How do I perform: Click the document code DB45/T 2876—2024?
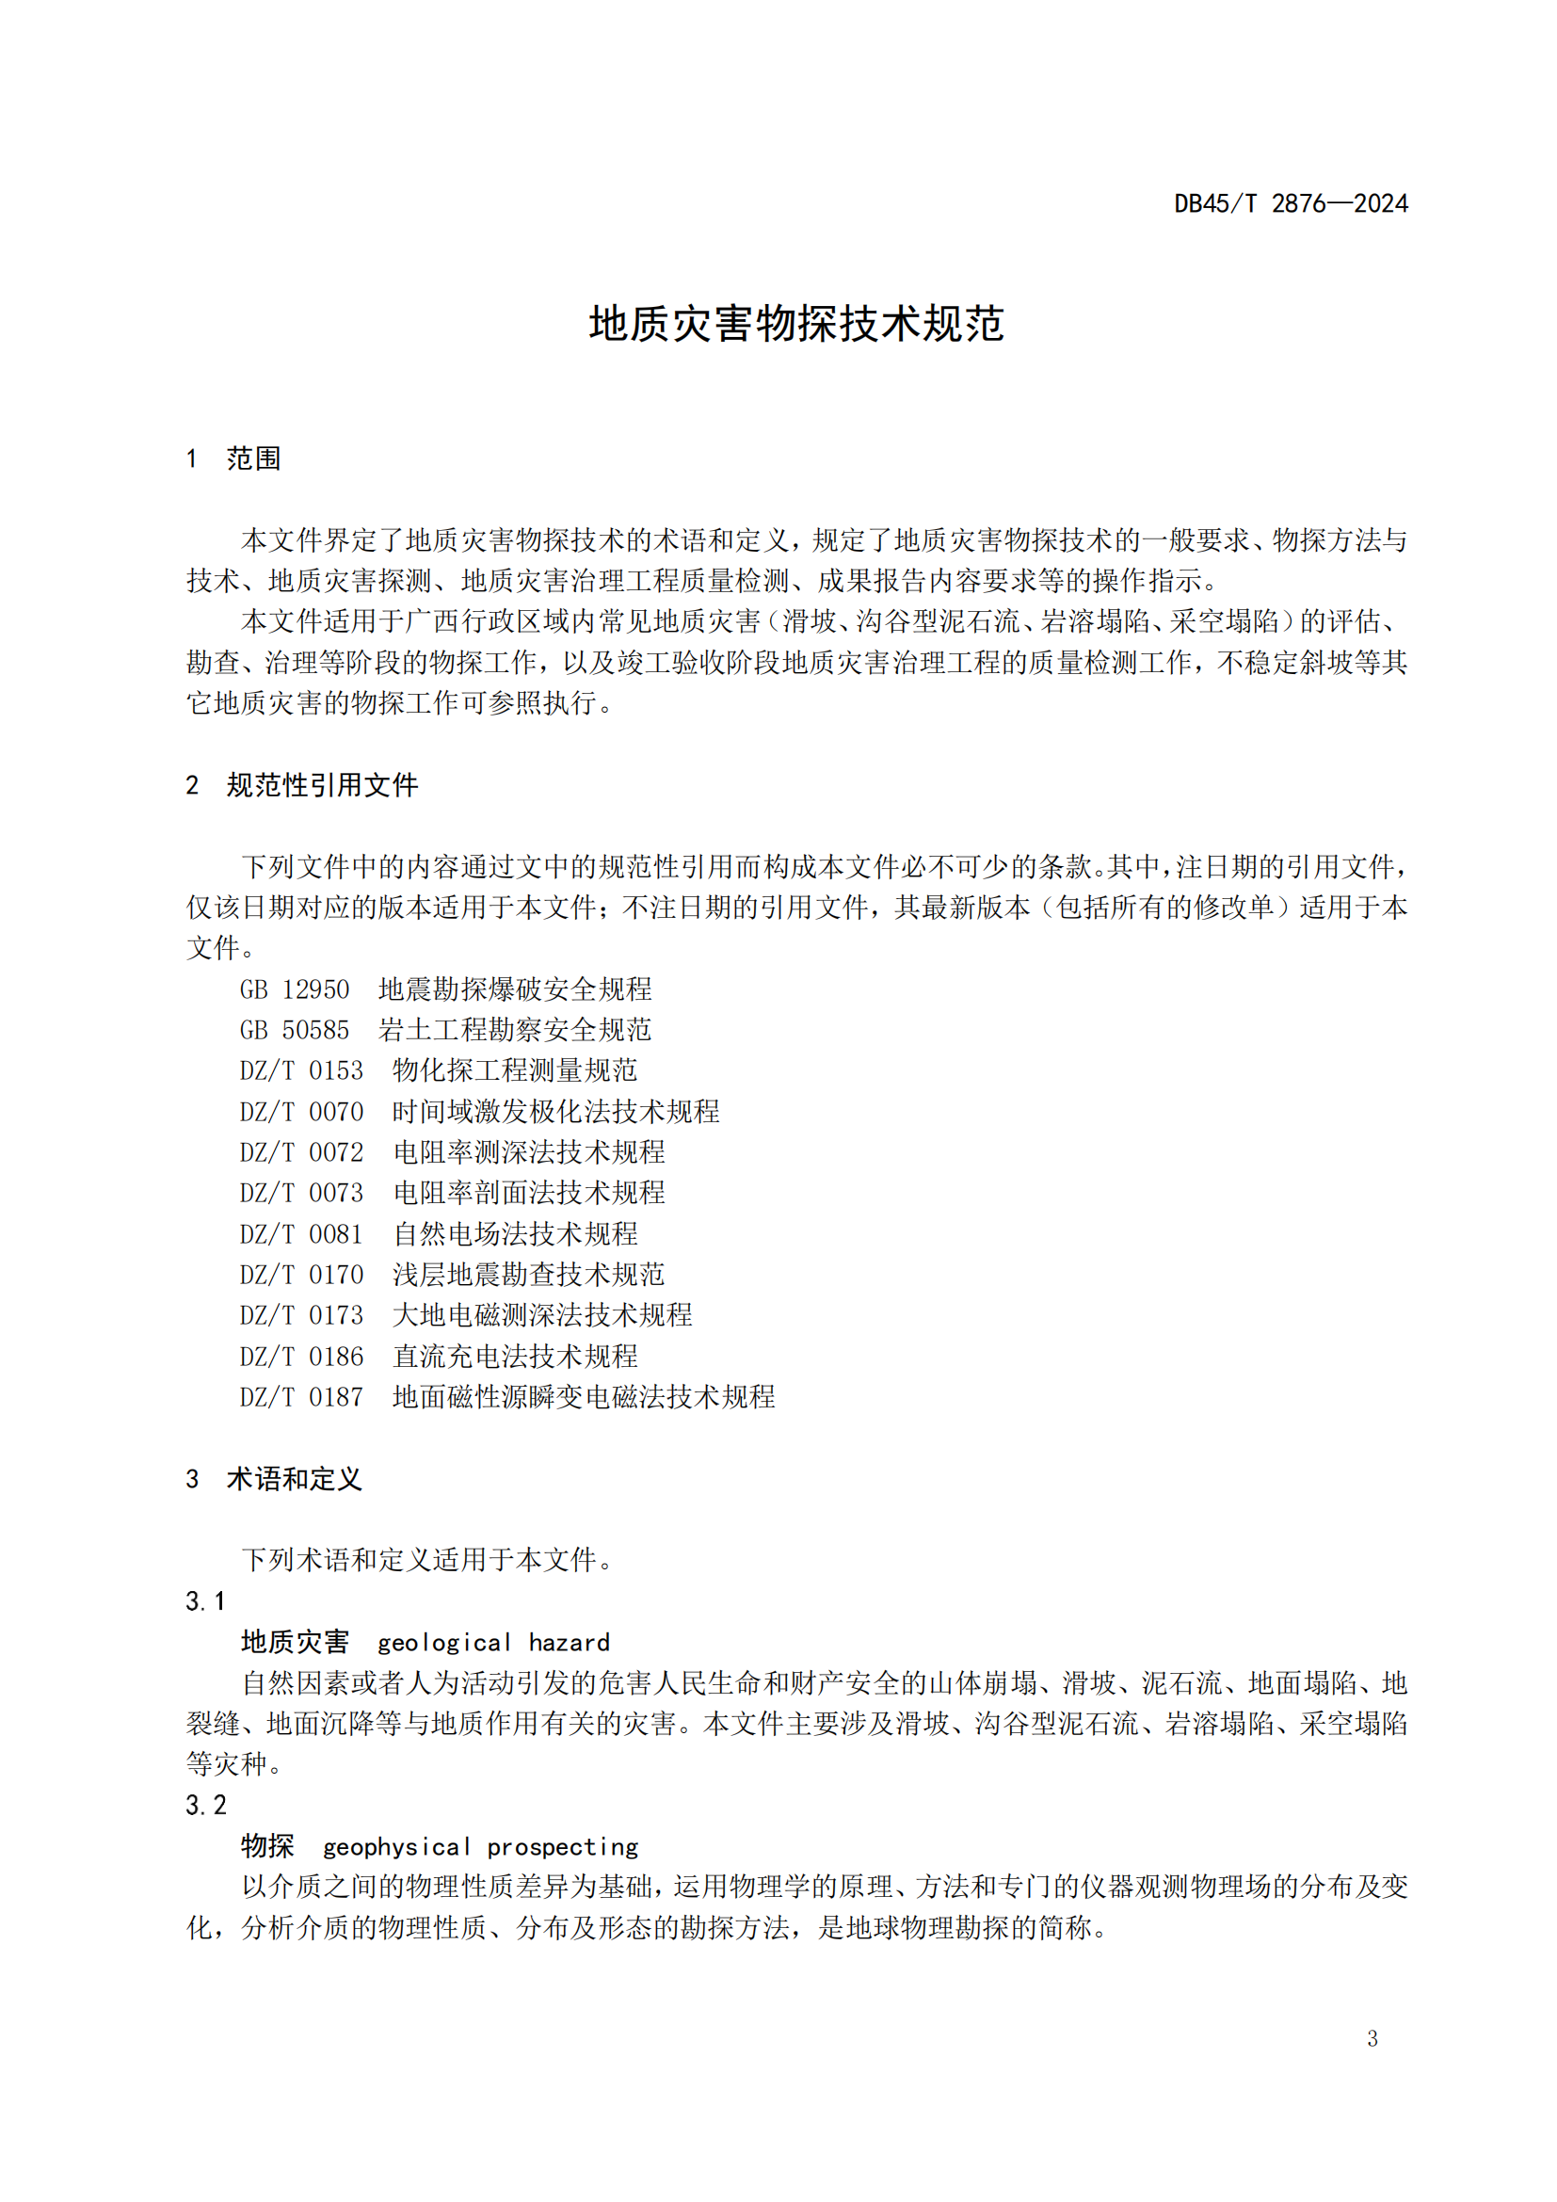point(1291,203)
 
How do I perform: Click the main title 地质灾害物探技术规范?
point(795,324)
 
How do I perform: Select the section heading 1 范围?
point(234,458)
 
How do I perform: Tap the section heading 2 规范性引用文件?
point(302,785)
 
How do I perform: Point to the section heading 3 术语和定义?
point(274,1479)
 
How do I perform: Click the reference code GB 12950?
point(295,988)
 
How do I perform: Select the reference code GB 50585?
point(295,1030)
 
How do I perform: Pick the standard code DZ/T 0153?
point(301,1070)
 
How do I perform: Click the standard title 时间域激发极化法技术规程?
point(556,1112)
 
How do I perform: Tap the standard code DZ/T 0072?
point(301,1151)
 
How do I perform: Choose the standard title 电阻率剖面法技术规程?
point(529,1193)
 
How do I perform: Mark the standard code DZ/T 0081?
point(301,1234)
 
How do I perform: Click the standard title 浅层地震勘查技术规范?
point(529,1275)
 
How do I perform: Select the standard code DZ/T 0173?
point(301,1315)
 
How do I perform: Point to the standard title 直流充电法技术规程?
point(516,1356)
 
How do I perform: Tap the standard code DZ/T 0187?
point(301,1397)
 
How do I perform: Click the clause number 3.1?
point(205,1600)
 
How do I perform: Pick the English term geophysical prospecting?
point(480,1847)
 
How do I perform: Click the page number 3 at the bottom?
point(1372,2039)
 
